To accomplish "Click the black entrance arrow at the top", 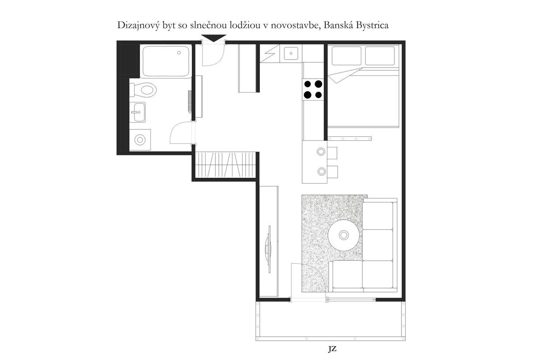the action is (x=214, y=38).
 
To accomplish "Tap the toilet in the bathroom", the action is (x=142, y=90).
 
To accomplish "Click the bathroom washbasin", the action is (x=137, y=112).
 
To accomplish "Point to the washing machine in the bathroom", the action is (x=140, y=140).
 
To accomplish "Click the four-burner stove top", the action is (x=313, y=90).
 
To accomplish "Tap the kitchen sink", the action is (x=291, y=53).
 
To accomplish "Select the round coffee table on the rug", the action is (x=344, y=235).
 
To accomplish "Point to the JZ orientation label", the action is (x=332, y=349).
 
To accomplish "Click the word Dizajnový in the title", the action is (x=139, y=26).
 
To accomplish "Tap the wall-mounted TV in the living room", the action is (x=269, y=249).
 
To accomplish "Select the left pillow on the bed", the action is (x=346, y=56).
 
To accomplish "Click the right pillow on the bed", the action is (x=380, y=56).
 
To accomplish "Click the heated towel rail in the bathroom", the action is (x=190, y=102).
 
